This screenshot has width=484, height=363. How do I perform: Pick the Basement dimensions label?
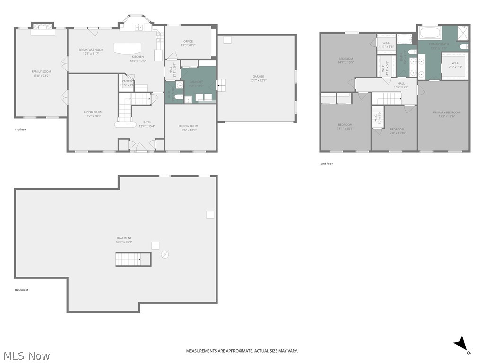pyautogui.click(x=124, y=242)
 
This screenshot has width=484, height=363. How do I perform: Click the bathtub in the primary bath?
pyautogui.click(x=430, y=34)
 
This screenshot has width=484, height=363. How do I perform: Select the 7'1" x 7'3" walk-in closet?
pyautogui.click(x=455, y=65)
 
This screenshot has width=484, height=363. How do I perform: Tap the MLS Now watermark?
pyautogui.click(x=26, y=355)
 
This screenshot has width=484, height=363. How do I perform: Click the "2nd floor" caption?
pyautogui.click(x=327, y=164)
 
